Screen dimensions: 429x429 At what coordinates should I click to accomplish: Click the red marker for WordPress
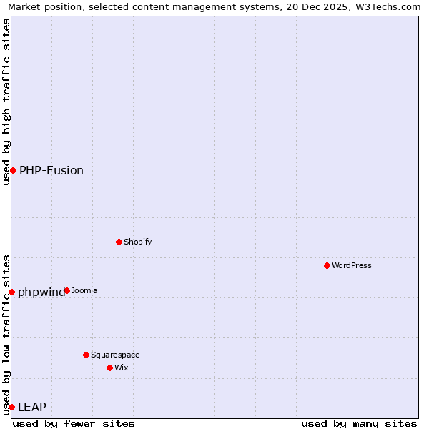327,265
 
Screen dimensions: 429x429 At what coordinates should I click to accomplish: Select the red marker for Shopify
119,242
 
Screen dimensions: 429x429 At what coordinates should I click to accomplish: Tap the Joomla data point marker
66,290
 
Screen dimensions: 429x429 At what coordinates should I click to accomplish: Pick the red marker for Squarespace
86,355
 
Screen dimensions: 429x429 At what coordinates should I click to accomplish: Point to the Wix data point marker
109,368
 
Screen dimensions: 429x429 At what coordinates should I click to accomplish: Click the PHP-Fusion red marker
13,170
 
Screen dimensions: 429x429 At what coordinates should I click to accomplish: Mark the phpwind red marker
11,292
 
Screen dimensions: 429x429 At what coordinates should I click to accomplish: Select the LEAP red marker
11,407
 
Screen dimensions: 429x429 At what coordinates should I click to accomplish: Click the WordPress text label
352,265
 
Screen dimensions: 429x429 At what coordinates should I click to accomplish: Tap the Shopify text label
137,242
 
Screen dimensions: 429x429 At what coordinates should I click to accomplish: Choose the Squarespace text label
115,355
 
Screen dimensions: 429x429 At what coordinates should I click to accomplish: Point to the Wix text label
121,368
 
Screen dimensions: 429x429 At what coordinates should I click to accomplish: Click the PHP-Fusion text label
51,170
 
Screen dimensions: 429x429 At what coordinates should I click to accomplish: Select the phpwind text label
41,292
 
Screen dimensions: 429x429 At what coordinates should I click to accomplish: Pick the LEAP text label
32,407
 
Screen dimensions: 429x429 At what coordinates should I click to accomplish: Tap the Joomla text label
84,290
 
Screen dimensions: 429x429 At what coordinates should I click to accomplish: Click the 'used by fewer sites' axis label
74,423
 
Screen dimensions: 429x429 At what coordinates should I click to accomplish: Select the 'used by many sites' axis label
359,423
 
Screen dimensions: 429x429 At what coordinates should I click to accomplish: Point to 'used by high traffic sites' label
6,102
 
